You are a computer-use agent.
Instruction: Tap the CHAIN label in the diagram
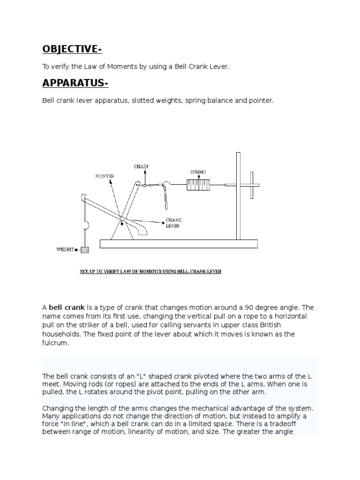(141, 166)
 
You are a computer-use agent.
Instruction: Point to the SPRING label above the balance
(197, 172)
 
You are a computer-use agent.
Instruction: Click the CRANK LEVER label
(173, 223)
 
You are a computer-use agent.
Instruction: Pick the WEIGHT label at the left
(65, 250)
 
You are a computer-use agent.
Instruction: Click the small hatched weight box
(84, 250)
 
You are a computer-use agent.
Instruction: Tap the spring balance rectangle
(199, 185)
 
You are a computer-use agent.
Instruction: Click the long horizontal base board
(179, 243)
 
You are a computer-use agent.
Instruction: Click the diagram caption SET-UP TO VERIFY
(150, 271)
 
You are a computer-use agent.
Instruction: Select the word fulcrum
(55, 343)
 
